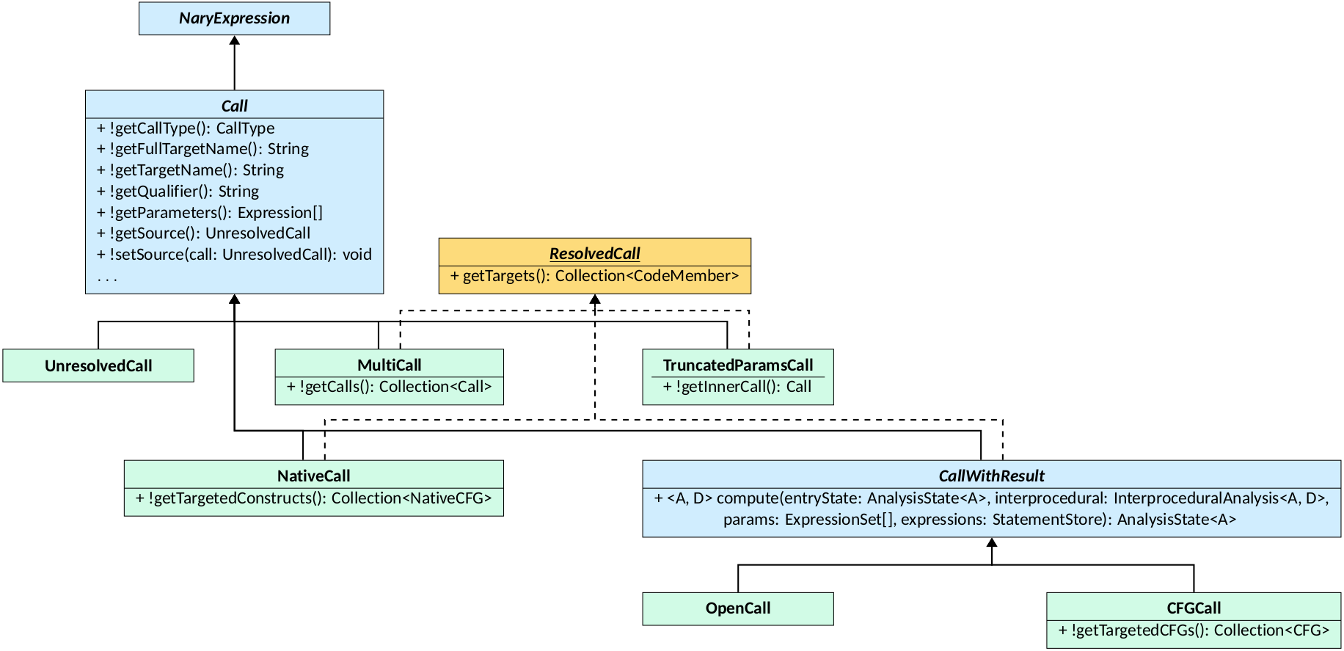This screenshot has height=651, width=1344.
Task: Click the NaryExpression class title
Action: pos(234,18)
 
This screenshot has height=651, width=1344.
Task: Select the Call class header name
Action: pos(234,106)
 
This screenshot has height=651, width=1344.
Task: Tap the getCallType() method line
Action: pos(186,128)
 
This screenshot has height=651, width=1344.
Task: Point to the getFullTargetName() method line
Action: pos(202,149)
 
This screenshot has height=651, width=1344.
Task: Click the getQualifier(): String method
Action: pos(178,192)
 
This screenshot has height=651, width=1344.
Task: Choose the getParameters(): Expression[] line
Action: pos(209,213)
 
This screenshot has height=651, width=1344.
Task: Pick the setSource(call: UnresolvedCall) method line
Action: pos(234,255)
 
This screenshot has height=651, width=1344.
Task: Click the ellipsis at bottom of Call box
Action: pos(107,278)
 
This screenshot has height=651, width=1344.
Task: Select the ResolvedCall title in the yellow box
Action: pos(594,253)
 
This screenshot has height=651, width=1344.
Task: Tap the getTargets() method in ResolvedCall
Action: pos(594,276)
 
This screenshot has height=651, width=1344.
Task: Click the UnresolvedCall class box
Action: pos(98,365)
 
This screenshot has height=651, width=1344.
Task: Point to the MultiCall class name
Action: pos(389,365)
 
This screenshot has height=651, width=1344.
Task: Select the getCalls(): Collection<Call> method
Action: pos(389,387)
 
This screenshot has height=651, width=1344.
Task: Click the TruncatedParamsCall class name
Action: pos(737,365)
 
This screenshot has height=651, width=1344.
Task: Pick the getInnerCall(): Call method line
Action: pos(737,387)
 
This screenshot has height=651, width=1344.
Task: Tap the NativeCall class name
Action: pos(313,476)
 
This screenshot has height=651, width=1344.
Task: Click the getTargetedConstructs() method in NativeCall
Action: pos(313,498)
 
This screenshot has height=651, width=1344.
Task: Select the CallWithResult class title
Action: pos(991,476)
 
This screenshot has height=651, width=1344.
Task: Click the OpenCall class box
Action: pos(737,608)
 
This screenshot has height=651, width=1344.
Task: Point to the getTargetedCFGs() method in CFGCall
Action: pos(1193,630)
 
